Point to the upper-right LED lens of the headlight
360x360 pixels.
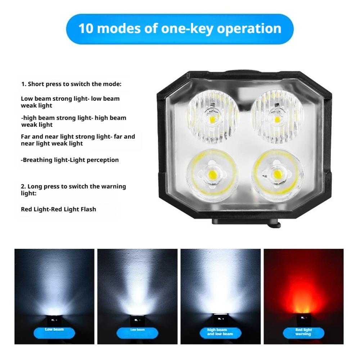coord(277,116)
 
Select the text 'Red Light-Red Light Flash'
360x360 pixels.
coord(58,209)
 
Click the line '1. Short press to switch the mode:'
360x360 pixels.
coord(71,84)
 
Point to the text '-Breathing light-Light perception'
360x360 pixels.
coord(70,160)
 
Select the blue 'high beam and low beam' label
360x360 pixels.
coord(220,332)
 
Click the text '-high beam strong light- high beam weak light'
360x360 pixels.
coord(73,121)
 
